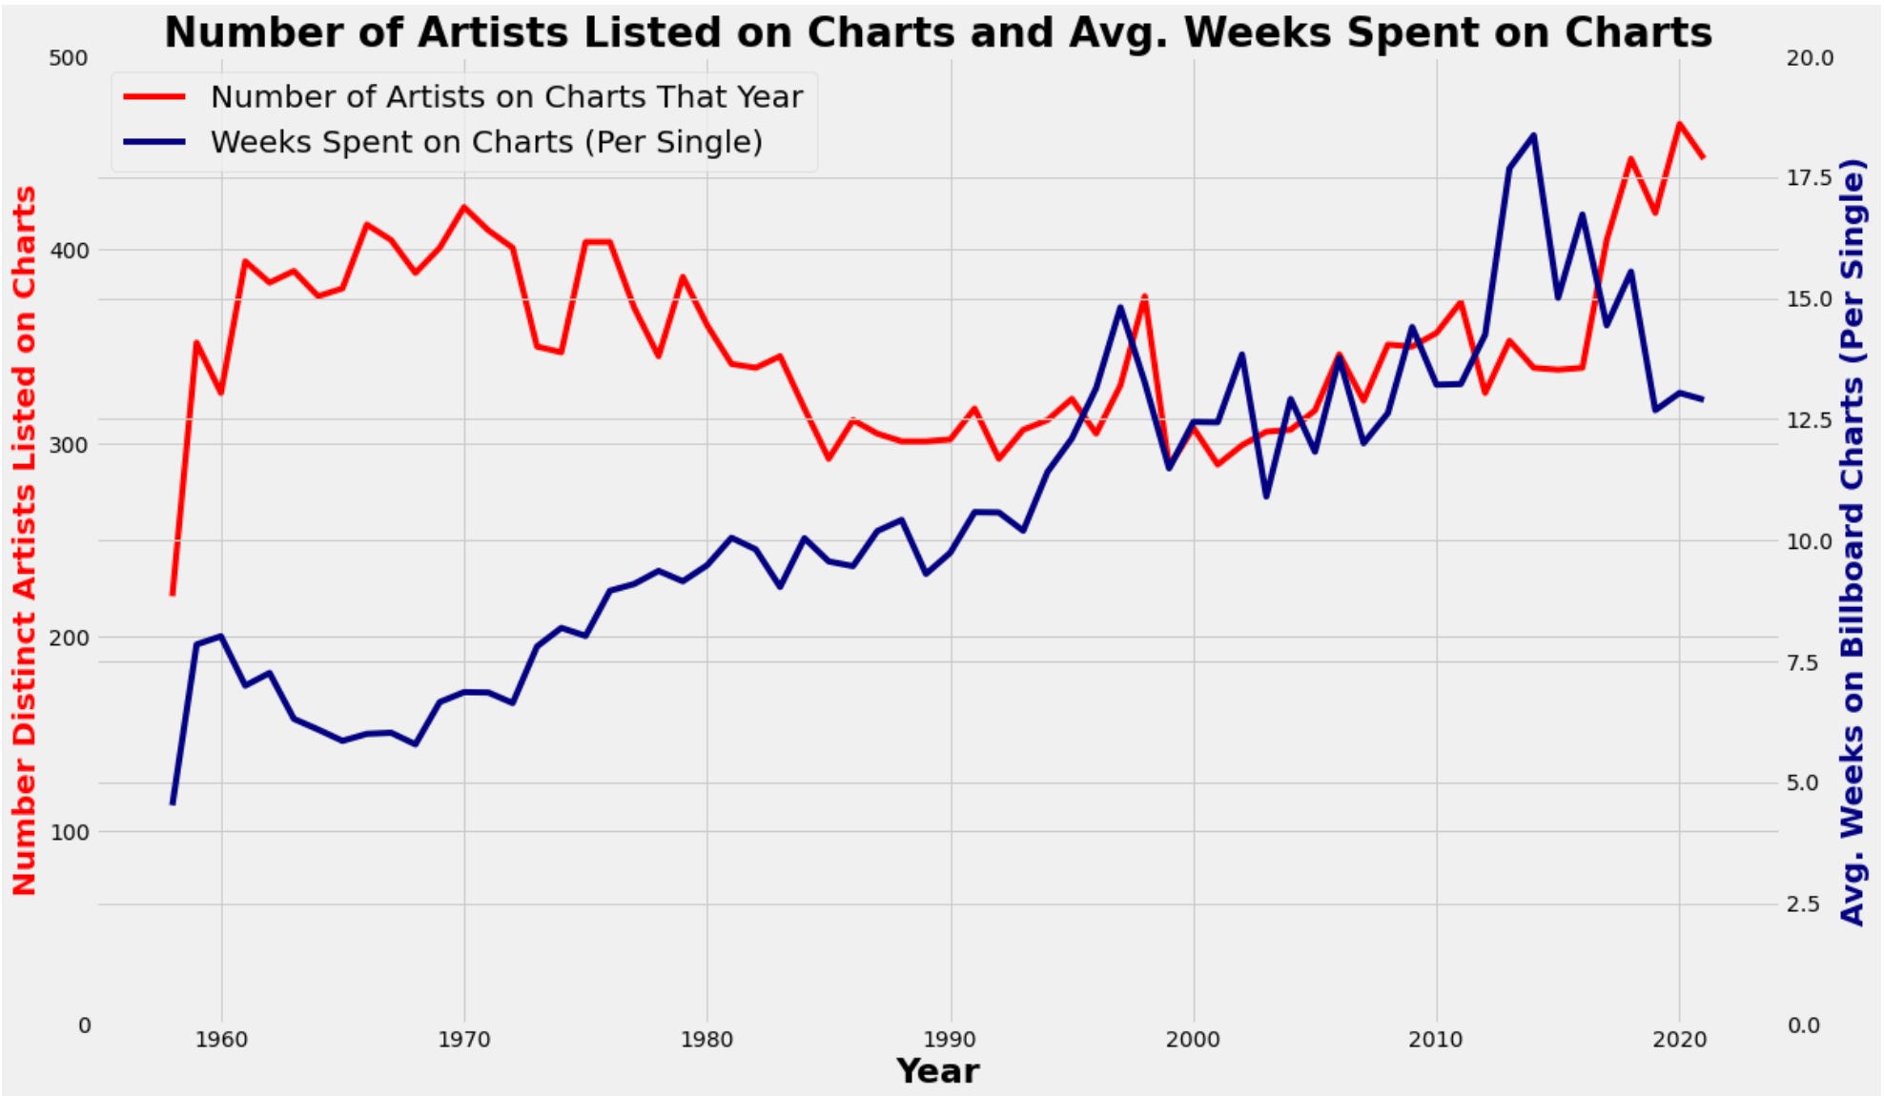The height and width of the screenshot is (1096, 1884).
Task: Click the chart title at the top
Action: [938, 32]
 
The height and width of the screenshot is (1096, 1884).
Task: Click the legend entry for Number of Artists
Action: [505, 96]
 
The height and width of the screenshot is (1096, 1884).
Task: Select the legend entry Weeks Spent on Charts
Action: [486, 142]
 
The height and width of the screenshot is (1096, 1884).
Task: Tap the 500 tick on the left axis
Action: [68, 58]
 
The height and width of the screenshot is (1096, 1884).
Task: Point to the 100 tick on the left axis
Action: [68, 832]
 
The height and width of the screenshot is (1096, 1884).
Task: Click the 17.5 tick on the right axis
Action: [1809, 178]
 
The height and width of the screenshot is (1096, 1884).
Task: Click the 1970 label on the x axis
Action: [464, 1040]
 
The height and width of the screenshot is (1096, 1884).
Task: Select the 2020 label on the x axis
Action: [1679, 1040]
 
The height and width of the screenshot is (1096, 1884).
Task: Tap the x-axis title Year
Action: [937, 1071]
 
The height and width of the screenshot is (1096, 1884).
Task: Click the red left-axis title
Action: [25, 540]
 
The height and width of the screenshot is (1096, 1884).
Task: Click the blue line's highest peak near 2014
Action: [1533, 135]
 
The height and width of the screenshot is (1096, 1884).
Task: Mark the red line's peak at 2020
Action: [1679, 123]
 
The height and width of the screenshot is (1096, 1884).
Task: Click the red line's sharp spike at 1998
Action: [1144, 296]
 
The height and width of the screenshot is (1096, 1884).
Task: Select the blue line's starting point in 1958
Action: [173, 803]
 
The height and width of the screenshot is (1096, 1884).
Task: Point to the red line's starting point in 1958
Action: [173, 594]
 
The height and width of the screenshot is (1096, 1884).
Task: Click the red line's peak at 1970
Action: [464, 207]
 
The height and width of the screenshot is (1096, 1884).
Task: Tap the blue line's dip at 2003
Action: [1266, 497]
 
